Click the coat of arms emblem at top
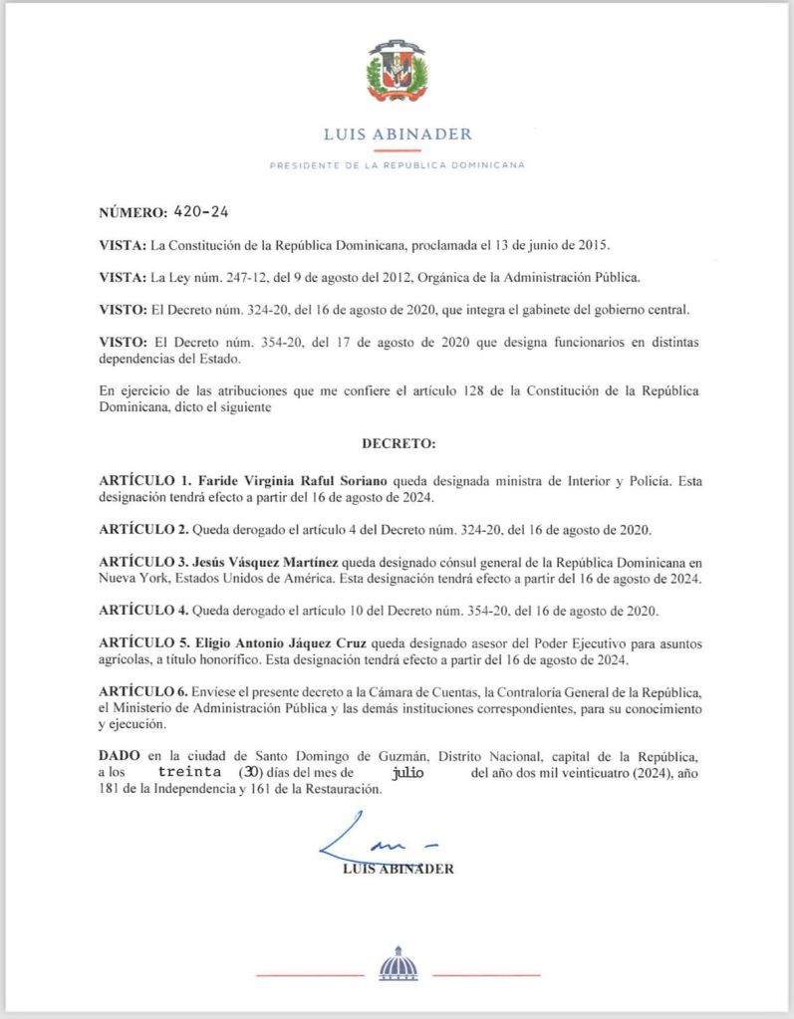point(397,71)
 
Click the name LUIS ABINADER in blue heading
point(397,134)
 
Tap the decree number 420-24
point(202,212)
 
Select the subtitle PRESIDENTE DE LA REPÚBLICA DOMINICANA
point(397,165)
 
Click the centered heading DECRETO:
point(398,440)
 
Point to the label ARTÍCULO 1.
point(145,481)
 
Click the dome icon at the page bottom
point(397,965)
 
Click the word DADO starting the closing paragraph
point(120,756)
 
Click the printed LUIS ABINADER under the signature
point(397,869)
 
